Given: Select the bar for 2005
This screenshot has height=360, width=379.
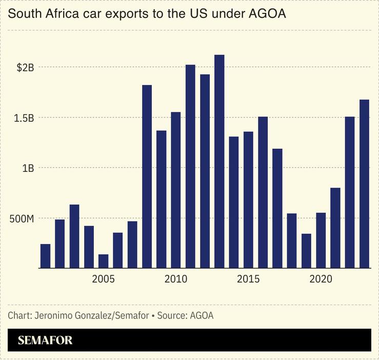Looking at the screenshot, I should [103, 261].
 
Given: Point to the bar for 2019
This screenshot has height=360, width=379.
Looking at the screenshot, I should [306, 251].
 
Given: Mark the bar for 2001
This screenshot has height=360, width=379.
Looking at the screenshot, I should [45, 256].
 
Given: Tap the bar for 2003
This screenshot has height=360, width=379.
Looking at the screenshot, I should [74, 236].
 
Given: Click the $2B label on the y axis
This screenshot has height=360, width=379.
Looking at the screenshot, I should [25, 67].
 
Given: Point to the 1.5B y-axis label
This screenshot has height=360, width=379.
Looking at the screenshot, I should [24, 117].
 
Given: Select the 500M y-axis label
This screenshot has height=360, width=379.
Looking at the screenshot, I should [22, 218].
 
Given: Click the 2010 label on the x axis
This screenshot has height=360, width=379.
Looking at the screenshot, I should [176, 279].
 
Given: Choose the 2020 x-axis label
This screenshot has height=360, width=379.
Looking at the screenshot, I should [321, 279].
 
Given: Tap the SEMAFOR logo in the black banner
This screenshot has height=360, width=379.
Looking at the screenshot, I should [45, 340].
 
